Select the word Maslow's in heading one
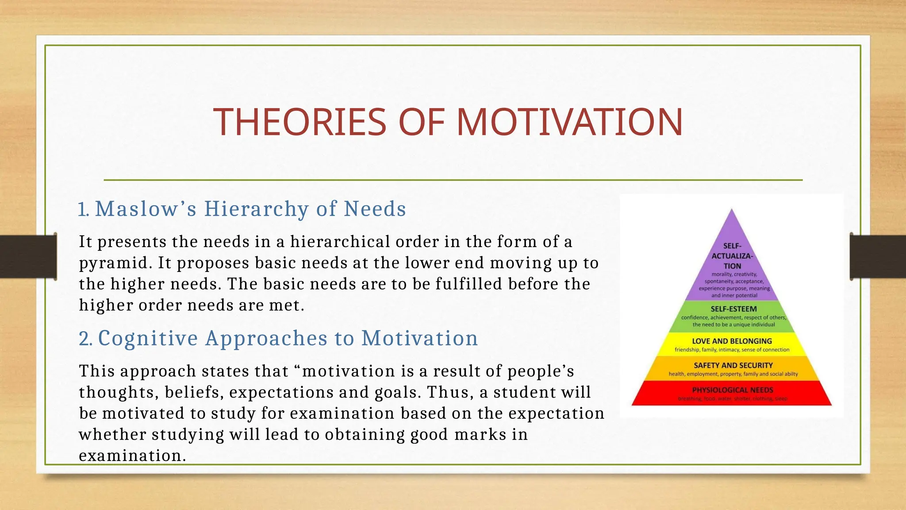(146, 209)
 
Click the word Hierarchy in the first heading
(256, 209)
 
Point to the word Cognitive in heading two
(148, 339)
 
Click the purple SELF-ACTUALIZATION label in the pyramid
(732, 256)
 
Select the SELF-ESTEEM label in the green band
(733, 309)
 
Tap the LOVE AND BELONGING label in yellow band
(732, 341)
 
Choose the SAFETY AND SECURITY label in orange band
(733, 365)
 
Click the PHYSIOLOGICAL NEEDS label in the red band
(733, 390)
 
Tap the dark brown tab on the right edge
(878, 256)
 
